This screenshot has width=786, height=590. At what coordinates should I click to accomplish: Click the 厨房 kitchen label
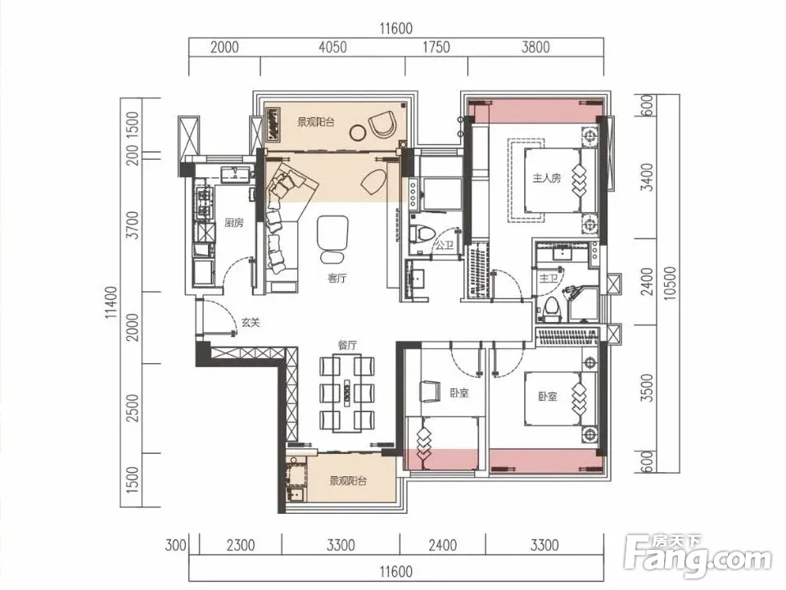tap(234, 223)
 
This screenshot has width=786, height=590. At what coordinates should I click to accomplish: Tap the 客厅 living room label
tap(337, 278)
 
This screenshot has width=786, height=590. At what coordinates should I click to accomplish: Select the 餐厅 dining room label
tap(347, 345)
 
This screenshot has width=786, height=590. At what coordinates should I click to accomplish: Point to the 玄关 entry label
tap(251, 323)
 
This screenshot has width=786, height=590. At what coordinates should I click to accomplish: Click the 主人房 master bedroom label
tap(546, 178)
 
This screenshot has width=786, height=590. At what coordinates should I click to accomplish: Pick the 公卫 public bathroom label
tap(444, 245)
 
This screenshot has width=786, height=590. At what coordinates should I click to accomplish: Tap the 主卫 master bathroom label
tap(548, 278)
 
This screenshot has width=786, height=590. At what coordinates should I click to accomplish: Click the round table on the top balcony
tap(358, 132)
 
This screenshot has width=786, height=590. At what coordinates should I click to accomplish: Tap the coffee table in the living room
tap(332, 233)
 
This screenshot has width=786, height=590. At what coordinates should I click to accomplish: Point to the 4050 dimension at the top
tap(333, 48)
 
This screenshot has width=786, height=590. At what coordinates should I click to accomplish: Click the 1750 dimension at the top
tap(436, 48)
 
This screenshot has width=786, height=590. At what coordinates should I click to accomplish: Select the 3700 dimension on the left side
tap(132, 225)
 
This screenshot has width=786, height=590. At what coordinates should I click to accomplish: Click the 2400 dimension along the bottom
tap(443, 545)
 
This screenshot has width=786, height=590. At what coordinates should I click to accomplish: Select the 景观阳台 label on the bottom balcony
tap(348, 481)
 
